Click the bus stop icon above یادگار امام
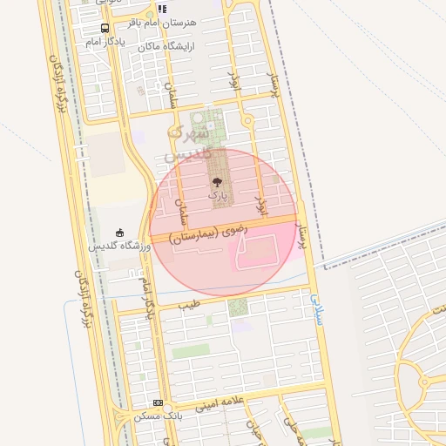pos(105,28)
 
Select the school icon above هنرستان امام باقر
pos(162,9)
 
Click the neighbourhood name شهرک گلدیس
pos(187,144)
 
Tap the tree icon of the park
pos(217,183)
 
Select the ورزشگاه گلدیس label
pos(120,247)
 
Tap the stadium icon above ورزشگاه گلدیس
pos(120,233)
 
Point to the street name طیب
pos(189,306)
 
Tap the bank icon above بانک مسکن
pos(157,403)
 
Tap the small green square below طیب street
pos(237,307)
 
